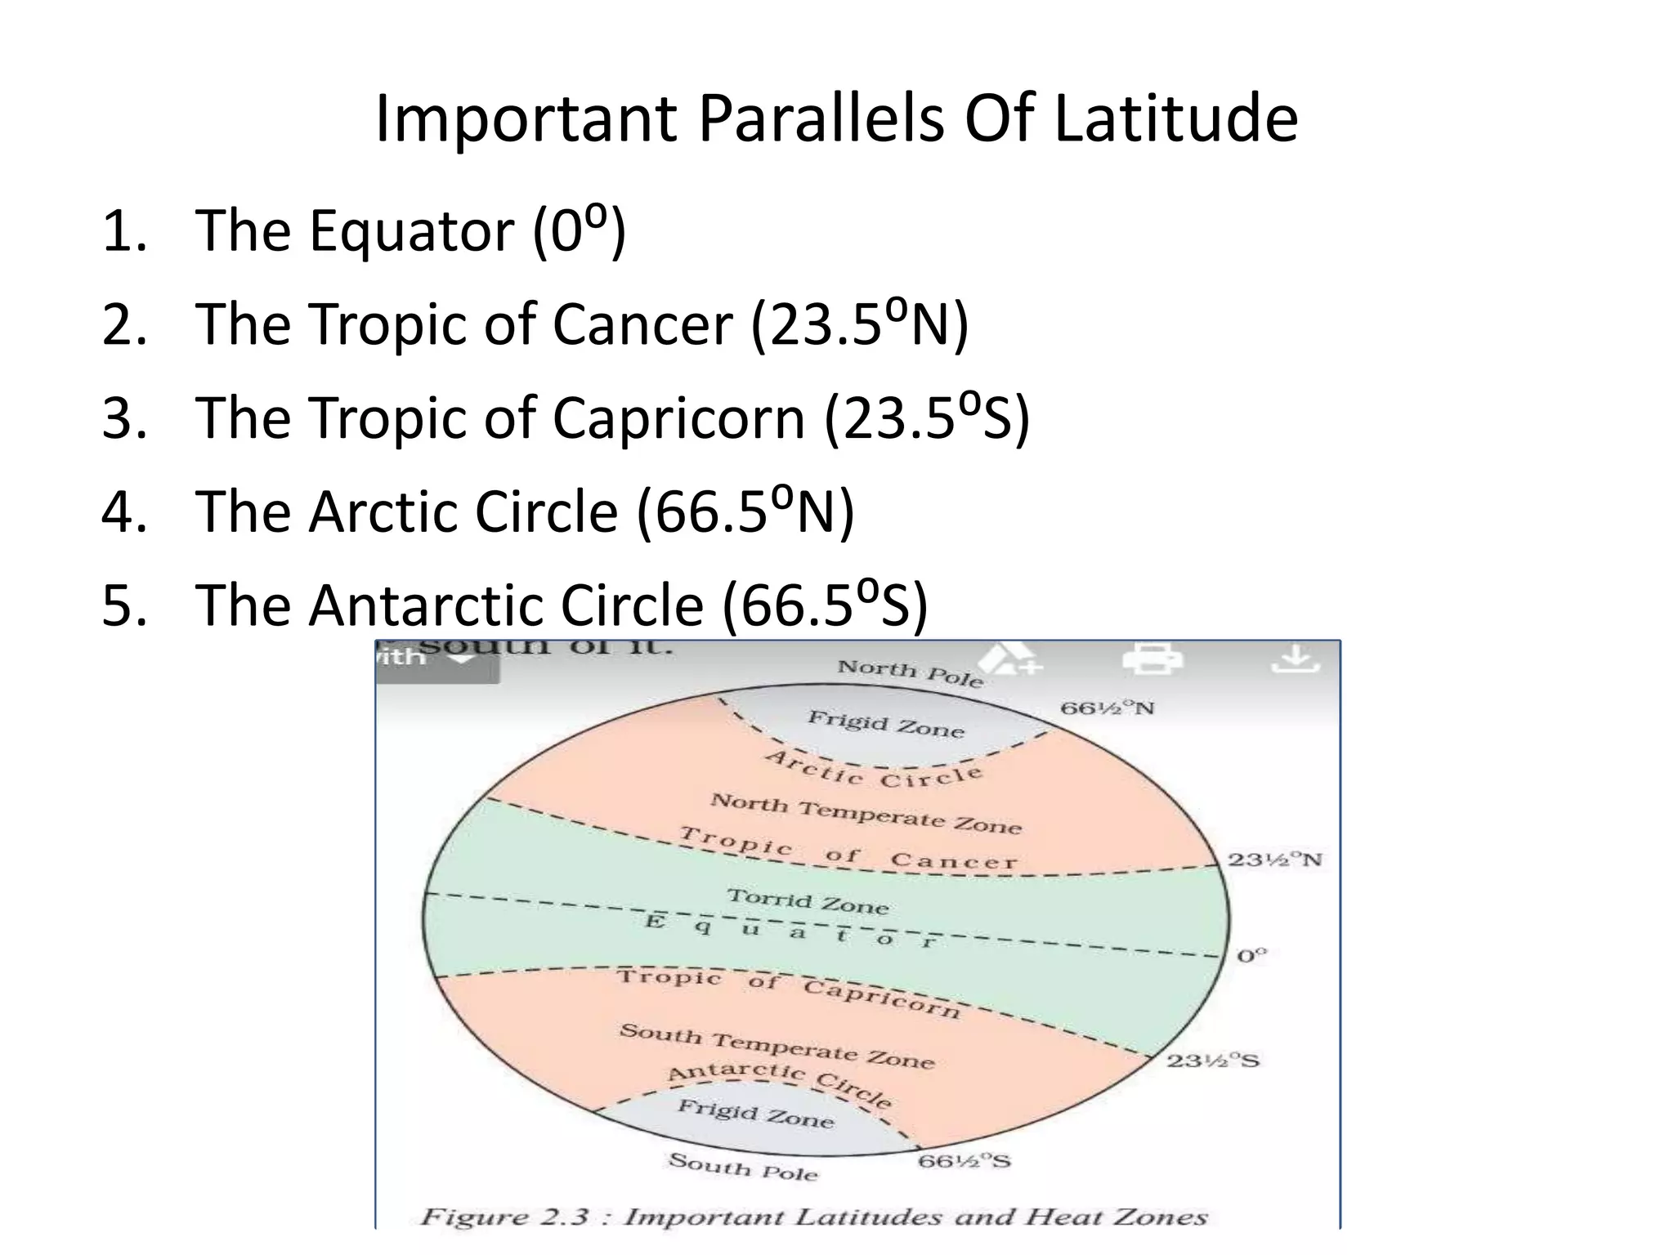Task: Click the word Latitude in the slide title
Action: pyautogui.click(x=1175, y=119)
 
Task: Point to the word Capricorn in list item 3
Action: pyautogui.click(x=678, y=418)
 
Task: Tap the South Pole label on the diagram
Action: pyautogui.click(x=742, y=1167)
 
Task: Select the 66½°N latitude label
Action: pyautogui.click(x=1108, y=708)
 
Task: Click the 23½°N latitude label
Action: pyautogui.click(x=1274, y=860)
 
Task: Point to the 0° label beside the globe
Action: pyautogui.click(x=1251, y=955)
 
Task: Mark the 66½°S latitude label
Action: pyautogui.click(x=965, y=1161)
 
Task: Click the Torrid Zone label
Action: pyautogui.click(x=808, y=901)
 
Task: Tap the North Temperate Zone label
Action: pyautogui.click(x=866, y=814)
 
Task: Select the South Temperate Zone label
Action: pyautogui.click(x=777, y=1047)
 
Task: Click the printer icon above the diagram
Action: pyautogui.click(x=1152, y=659)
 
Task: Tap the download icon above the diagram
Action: pyautogui.click(x=1296, y=659)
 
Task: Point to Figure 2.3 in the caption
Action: pyautogui.click(x=504, y=1217)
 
